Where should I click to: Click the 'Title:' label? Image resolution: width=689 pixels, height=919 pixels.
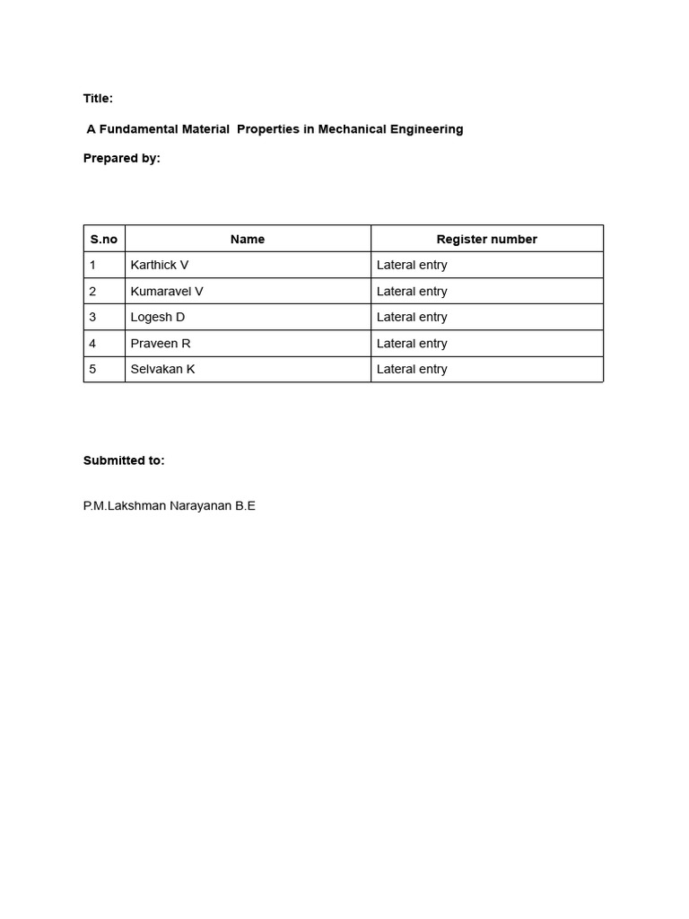[x=98, y=99]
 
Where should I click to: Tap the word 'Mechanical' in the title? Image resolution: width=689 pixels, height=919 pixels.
[x=352, y=129]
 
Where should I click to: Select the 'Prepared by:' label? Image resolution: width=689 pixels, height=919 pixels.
[x=121, y=158]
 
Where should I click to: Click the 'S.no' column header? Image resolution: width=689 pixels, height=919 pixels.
[x=104, y=240]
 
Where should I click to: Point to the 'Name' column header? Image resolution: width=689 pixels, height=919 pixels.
[x=248, y=240]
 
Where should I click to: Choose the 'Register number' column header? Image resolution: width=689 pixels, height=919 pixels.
[x=486, y=240]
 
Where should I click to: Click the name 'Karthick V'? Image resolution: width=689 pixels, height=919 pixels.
[x=160, y=266]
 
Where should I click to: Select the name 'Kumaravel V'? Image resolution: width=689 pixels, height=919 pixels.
[x=167, y=292]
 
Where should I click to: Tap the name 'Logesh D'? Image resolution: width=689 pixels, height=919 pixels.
[x=158, y=318]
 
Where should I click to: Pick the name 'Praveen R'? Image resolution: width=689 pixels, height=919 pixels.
[x=161, y=344]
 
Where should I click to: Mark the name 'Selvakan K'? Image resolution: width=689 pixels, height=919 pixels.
[x=162, y=370]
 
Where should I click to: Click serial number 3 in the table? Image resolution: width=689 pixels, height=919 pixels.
[x=92, y=318]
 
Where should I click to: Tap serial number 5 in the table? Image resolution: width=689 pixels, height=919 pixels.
[x=92, y=370]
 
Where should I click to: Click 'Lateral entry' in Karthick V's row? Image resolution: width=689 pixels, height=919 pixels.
[x=412, y=266]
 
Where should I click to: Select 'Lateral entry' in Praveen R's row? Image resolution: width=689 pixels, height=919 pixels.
[x=412, y=344]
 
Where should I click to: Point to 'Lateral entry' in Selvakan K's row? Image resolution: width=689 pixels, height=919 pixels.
[x=412, y=370]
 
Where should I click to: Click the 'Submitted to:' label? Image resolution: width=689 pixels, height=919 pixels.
[x=124, y=460]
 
